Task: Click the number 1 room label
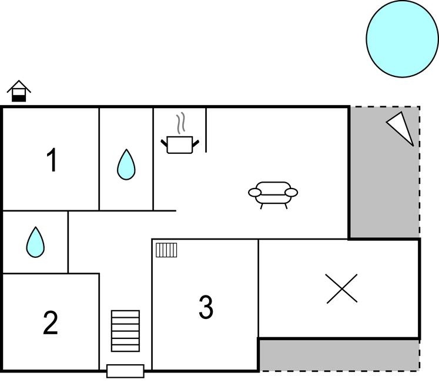[x=52, y=160]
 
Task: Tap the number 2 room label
[x=51, y=323]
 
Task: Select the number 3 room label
[x=205, y=307]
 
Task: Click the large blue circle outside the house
[x=402, y=39]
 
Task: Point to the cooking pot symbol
[x=180, y=144]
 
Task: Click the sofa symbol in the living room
[x=273, y=193]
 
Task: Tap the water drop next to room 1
[x=126, y=164]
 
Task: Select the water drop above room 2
[x=35, y=242]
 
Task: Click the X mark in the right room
[x=341, y=289]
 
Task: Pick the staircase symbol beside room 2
[x=126, y=331]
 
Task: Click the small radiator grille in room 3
[x=166, y=250]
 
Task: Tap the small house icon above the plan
[x=19, y=91]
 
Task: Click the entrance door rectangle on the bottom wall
[x=125, y=371]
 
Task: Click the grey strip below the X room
[x=339, y=355]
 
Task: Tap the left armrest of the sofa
[x=254, y=192]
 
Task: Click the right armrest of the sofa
[x=291, y=192]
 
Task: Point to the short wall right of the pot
[x=206, y=130]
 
